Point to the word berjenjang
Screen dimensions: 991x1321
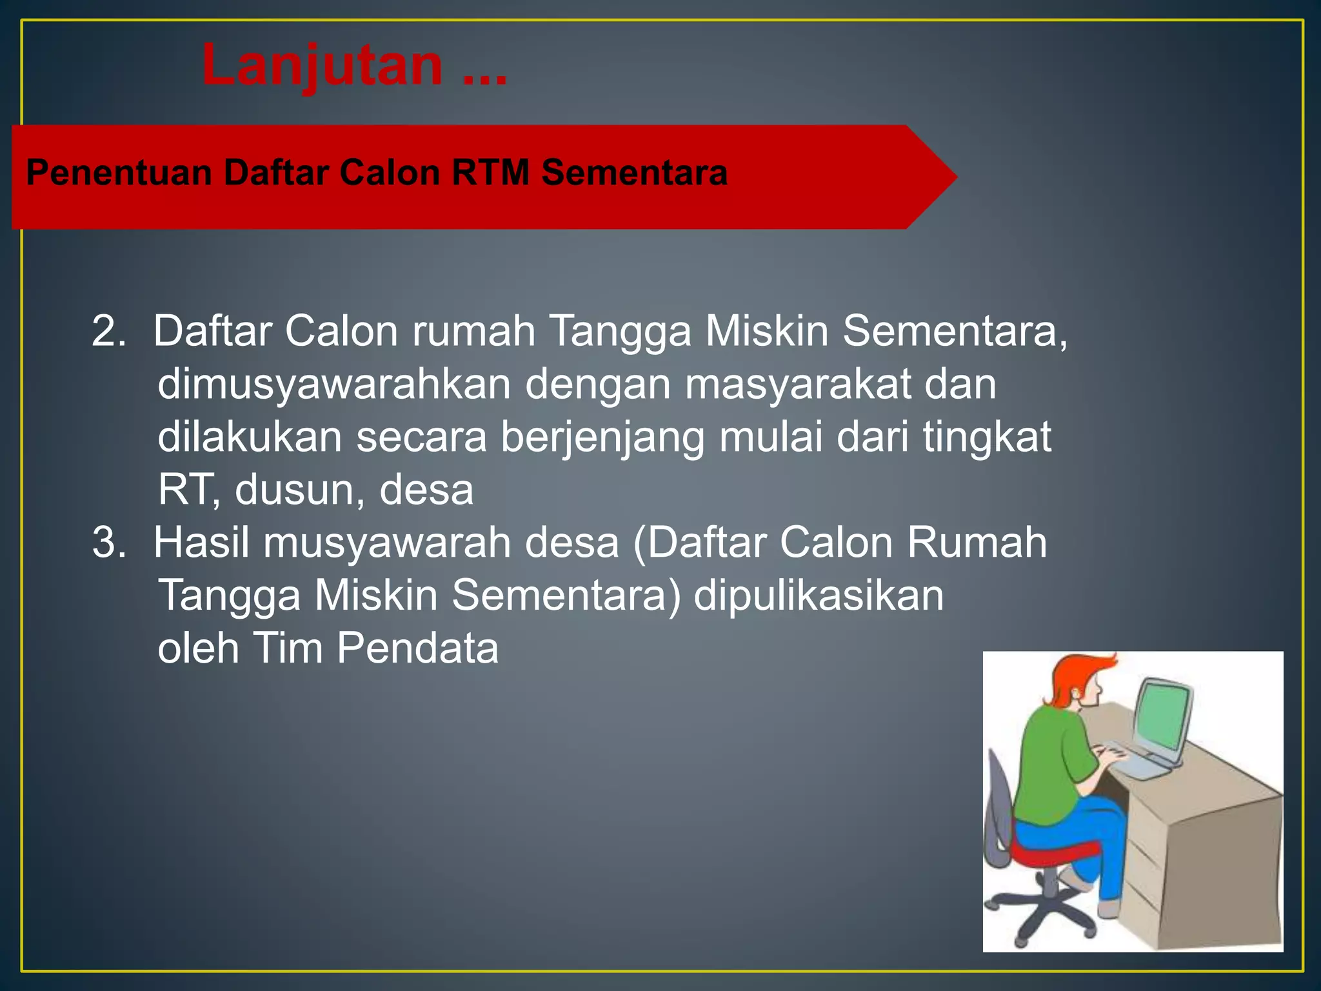[x=602, y=437]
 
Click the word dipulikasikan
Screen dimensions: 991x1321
[x=818, y=596]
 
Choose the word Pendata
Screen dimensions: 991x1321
[x=417, y=648]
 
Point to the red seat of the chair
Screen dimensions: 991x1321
[x=1048, y=852]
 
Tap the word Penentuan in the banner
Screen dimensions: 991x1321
[x=119, y=173]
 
